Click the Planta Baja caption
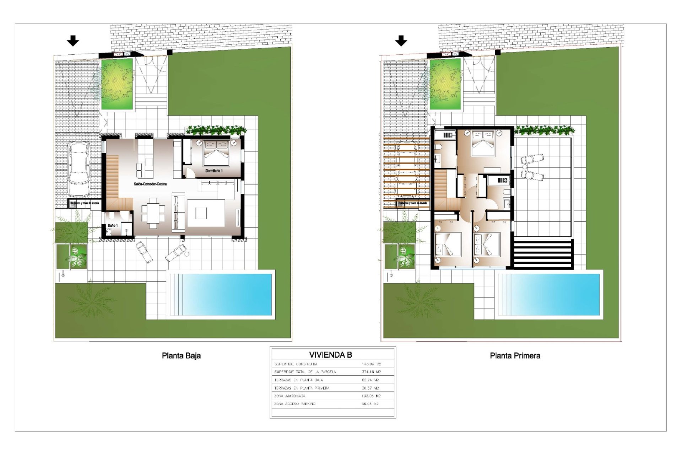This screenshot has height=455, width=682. tap(181, 355)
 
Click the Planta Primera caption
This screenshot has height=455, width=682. tap(515, 355)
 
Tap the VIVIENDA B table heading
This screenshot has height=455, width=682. tap(330, 355)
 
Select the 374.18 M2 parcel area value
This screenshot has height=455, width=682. tap(371, 372)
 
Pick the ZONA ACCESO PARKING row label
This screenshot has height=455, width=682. tap(294, 404)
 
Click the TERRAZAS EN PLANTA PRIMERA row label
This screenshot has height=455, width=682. tap(302, 388)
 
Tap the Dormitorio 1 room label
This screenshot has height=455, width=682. tap(214, 171)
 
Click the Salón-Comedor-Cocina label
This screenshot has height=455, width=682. tap(150, 184)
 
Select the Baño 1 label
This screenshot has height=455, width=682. tap(112, 226)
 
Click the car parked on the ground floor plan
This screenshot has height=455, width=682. tap(79, 170)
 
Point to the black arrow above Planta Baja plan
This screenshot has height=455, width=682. tap(73, 41)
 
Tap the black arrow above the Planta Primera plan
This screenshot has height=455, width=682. tap(401, 41)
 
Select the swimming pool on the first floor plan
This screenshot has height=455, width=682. tap(549, 294)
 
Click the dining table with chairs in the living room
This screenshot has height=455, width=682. tap(153, 213)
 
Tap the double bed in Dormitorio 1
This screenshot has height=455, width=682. tap(216, 153)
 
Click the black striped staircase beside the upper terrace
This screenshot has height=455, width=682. tap(542, 254)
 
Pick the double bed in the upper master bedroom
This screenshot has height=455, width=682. tap(483, 144)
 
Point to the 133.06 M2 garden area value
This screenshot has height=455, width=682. tap(371, 396)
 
